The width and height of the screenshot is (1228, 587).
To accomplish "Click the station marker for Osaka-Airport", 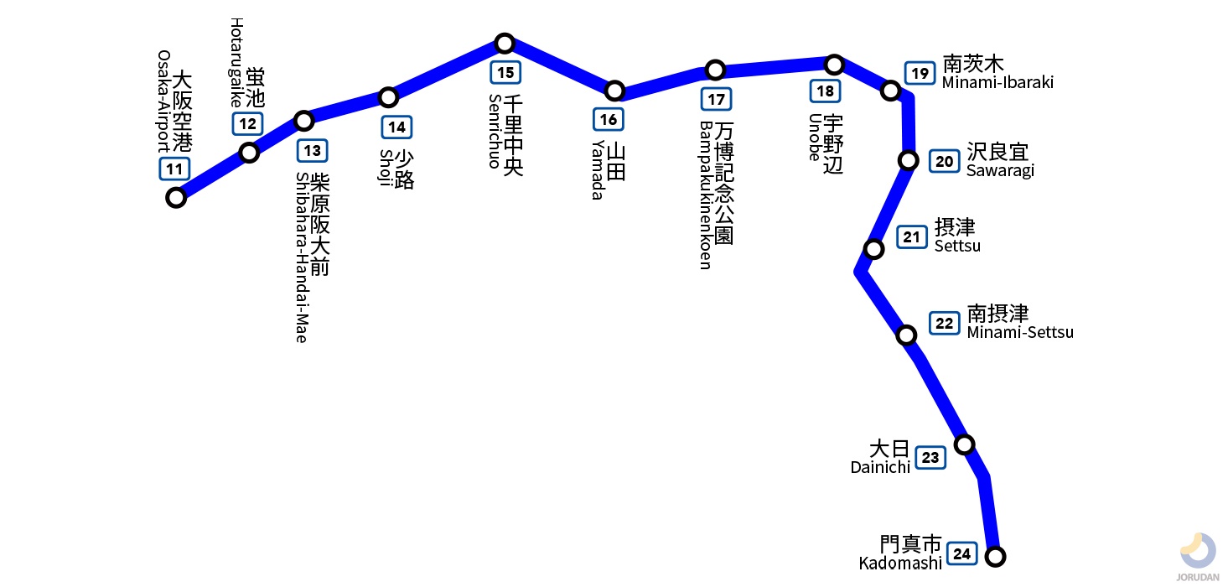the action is pyautogui.click(x=176, y=198).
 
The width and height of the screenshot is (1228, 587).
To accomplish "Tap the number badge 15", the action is pyautogui.click(x=505, y=72).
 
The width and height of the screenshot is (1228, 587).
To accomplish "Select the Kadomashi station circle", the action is pyautogui.click(x=996, y=556).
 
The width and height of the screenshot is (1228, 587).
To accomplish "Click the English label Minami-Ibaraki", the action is pyautogui.click(x=997, y=82).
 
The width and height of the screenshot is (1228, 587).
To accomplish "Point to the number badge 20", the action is pyautogui.click(x=944, y=161).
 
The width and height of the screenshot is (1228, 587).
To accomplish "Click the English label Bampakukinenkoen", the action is pyautogui.click(x=706, y=195).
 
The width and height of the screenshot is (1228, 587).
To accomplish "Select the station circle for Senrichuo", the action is pyautogui.click(x=505, y=43).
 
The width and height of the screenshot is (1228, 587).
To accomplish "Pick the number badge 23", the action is pyautogui.click(x=930, y=458).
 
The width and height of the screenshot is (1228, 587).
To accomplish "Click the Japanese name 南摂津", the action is pyautogui.click(x=997, y=314).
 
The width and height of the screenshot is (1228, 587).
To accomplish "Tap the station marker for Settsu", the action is pyautogui.click(x=874, y=249).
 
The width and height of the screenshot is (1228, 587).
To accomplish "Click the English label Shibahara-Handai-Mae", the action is pyautogui.click(x=302, y=257).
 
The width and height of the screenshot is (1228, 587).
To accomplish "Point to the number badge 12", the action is pyautogui.click(x=248, y=124).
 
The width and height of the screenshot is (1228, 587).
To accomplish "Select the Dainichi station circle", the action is pyautogui.click(x=964, y=444).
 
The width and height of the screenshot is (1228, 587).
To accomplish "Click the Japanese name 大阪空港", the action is pyautogui.click(x=182, y=111).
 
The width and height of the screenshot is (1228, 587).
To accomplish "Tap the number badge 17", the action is pyautogui.click(x=716, y=99).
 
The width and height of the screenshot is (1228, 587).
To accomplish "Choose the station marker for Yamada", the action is pyautogui.click(x=614, y=91).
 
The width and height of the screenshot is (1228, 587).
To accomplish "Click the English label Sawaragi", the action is pyautogui.click(x=1000, y=170).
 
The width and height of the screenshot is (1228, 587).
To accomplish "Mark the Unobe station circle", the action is pyautogui.click(x=834, y=65).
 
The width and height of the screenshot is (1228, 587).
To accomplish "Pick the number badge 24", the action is pyautogui.click(x=962, y=554).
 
